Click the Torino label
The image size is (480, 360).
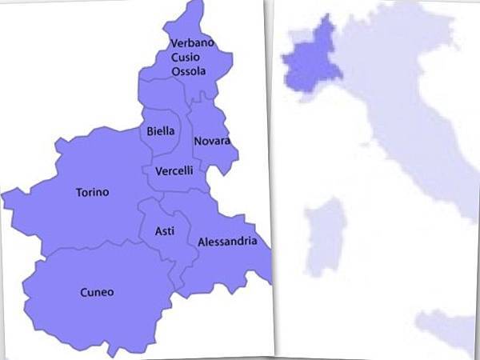point(92,192)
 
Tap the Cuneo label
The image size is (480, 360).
point(97,292)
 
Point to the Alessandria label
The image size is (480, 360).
point(227,241)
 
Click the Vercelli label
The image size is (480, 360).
point(174,170)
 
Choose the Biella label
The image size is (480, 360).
point(161,131)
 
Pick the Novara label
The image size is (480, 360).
point(212,142)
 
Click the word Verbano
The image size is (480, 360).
point(192,43)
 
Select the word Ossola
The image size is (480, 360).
point(188,71)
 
